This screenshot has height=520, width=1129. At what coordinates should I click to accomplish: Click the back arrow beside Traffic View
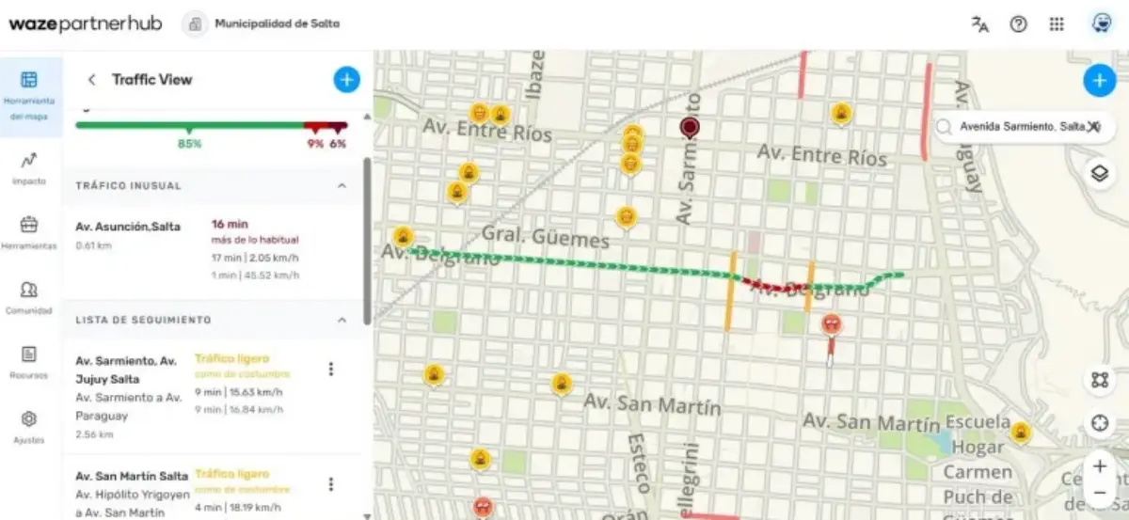point(91,80)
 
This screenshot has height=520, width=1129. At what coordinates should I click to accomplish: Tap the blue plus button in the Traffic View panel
point(346,80)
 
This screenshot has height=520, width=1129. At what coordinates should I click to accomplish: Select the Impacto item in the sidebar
point(29,166)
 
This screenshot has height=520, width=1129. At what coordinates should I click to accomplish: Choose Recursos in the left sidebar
point(29,360)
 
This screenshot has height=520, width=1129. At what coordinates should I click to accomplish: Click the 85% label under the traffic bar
point(189,144)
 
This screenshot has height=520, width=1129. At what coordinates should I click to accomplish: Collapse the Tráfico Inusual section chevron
point(342,186)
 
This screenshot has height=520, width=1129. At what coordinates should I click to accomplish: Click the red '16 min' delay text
point(230,225)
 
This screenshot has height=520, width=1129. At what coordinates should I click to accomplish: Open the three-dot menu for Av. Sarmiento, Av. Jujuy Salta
point(330,370)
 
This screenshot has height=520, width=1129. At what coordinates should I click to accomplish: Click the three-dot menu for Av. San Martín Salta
point(330,484)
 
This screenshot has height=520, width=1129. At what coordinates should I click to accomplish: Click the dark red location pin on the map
point(691,128)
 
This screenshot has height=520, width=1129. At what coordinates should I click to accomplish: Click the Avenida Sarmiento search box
point(1016,126)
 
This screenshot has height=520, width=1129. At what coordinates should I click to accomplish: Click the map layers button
point(1098,174)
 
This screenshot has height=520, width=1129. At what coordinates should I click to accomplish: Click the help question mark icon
point(1018,24)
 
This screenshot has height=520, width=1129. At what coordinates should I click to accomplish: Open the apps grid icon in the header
point(1057,24)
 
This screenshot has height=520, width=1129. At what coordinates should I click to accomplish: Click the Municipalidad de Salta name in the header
point(277,24)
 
